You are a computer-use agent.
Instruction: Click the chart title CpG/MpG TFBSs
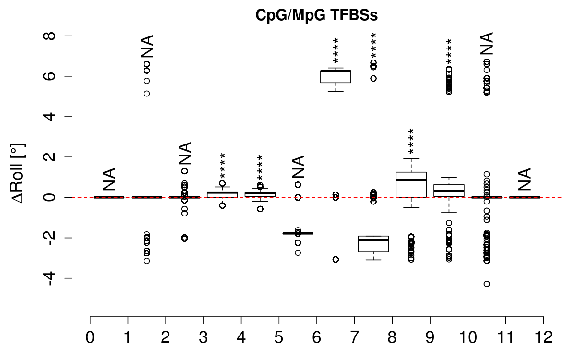click(316, 15)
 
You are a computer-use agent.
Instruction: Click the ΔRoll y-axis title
click(17, 173)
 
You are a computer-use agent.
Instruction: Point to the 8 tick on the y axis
click(49, 36)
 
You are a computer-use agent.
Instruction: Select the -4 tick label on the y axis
click(49, 278)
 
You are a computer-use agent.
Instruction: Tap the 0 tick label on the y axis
click(49, 197)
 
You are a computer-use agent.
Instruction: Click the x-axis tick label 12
click(543, 337)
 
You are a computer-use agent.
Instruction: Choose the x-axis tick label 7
click(354, 337)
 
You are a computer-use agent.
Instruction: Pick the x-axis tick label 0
click(90, 337)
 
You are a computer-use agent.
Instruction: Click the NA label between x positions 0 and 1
click(109, 180)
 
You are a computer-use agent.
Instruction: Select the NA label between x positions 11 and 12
click(525, 180)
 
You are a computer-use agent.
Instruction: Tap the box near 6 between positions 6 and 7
click(336, 77)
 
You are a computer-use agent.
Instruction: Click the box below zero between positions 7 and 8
click(373, 244)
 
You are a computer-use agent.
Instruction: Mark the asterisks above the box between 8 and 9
click(411, 141)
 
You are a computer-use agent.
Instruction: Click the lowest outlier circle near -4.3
click(487, 284)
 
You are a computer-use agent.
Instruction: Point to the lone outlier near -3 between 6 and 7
click(336, 260)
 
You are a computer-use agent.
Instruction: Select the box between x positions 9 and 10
click(449, 191)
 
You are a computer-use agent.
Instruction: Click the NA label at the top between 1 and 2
click(147, 47)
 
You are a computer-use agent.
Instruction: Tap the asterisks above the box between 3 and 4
click(222, 166)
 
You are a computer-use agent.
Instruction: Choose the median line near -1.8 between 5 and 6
click(298, 233)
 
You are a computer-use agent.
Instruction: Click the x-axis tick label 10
click(468, 337)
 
